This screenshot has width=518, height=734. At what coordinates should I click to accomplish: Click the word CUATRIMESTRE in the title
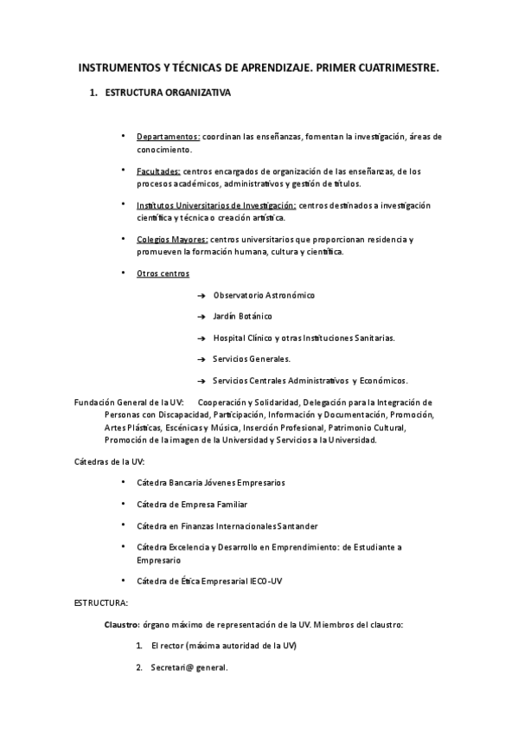391,66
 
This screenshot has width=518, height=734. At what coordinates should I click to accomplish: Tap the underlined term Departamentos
168,137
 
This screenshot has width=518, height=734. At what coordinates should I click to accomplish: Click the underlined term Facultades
158,171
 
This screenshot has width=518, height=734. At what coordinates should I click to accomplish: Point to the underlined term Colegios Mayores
172,239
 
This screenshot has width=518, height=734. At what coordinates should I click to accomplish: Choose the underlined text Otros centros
163,274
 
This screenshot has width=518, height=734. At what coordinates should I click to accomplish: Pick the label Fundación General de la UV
129,402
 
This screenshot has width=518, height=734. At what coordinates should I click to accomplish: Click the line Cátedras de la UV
109,461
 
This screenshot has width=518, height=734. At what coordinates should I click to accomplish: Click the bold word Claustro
121,623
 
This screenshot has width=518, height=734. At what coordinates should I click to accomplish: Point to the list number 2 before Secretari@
139,666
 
